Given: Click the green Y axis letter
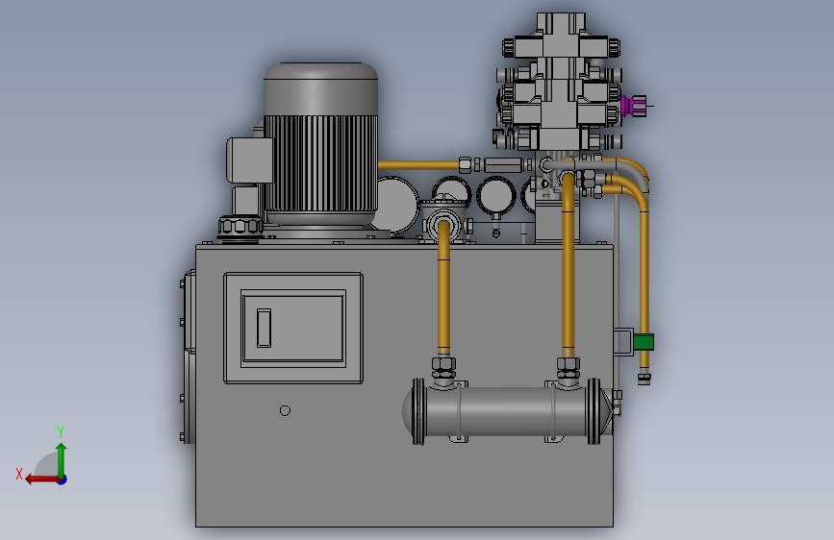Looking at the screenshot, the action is click(x=61, y=431).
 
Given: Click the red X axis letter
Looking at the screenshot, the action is click(x=19, y=474).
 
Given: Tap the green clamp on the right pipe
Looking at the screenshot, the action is click(x=643, y=342).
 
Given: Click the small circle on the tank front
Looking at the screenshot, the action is click(x=285, y=410).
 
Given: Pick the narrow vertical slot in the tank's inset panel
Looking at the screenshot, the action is click(x=264, y=328).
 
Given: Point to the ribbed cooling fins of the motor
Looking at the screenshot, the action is click(x=320, y=163).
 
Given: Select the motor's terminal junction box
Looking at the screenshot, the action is click(x=249, y=160).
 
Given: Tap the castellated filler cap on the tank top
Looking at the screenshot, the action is click(x=240, y=228).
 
